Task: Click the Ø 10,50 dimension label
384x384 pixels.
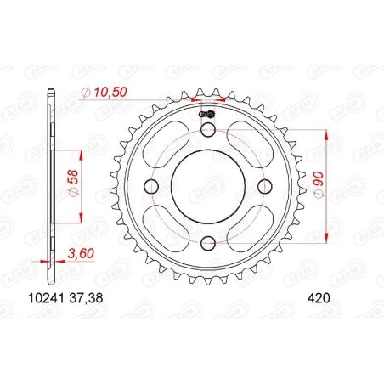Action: click(x=103, y=91)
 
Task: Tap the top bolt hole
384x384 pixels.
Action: click(x=207, y=128)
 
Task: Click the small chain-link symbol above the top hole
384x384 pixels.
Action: click(x=206, y=115)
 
